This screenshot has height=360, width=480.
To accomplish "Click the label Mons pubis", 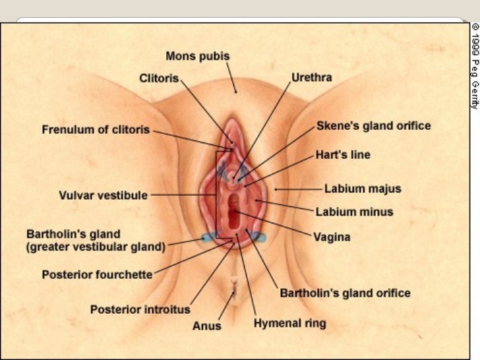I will pyautogui.click(x=197, y=56).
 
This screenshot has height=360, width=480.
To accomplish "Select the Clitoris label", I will pyautogui.click(x=159, y=78).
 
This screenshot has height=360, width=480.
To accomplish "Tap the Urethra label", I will pyautogui.click(x=312, y=77).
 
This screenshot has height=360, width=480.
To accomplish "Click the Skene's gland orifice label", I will pyautogui.click(x=373, y=125).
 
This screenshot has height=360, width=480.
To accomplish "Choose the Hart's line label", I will pyautogui.click(x=343, y=155).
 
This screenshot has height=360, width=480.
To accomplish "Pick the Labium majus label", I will pyautogui.click(x=362, y=189).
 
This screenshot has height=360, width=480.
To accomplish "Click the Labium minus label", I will pyautogui.click(x=354, y=212).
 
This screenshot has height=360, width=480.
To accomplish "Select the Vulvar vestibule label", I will pyautogui.click(x=103, y=195).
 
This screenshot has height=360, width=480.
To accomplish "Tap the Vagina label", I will pyautogui.click(x=332, y=237).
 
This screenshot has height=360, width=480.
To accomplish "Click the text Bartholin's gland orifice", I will pyautogui.click(x=345, y=293).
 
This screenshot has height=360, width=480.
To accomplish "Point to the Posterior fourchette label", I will pyautogui.click(x=97, y=274).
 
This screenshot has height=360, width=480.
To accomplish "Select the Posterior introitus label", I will pyautogui.click(x=140, y=309).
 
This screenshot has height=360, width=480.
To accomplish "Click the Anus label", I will pyautogui.click(x=207, y=326).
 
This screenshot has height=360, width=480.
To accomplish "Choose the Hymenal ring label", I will pyautogui.click(x=289, y=324).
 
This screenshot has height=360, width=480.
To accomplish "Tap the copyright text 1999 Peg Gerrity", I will pyautogui.click(x=474, y=65).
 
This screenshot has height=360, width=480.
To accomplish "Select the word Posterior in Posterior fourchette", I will pyautogui.click(x=65, y=274).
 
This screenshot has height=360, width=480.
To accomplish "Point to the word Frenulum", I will pyautogui.click(x=66, y=129).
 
